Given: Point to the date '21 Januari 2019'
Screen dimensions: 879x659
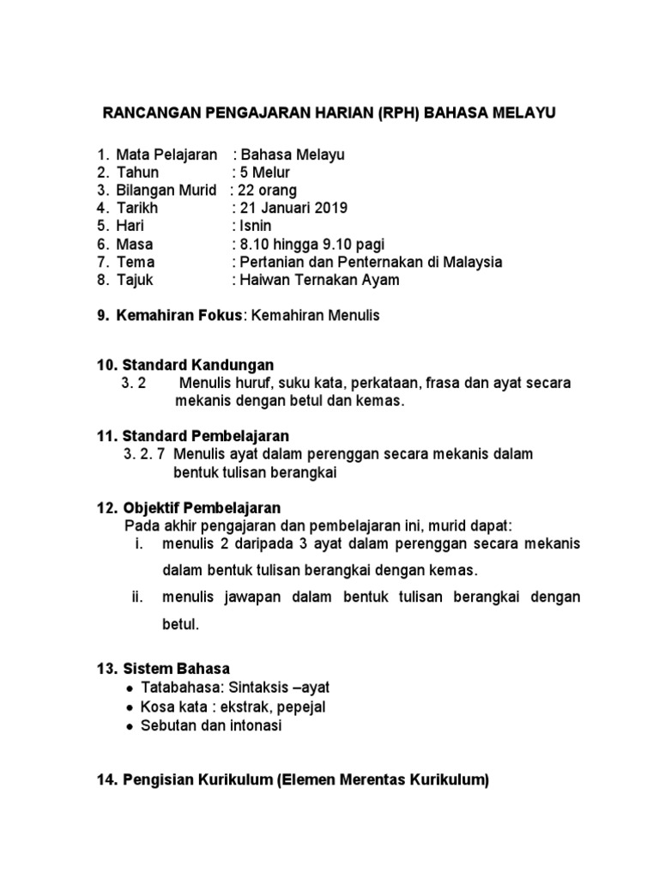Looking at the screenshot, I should pyautogui.click(x=291, y=208).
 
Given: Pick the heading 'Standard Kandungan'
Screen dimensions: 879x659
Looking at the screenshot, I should pyautogui.click(x=198, y=366).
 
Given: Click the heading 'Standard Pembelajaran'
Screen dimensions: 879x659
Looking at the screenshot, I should pyautogui.click(x=205, y=436).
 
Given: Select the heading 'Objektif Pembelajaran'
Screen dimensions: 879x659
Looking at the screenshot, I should pyautogui.click(x=202, y=507).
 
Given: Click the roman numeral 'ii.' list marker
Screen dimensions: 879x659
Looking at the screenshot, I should pyautogui.click(x=137, y=597).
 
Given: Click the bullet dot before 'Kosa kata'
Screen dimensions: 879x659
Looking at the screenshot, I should pyautogui.click(x=129, y=708).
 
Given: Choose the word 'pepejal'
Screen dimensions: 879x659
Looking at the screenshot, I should pyautogui.click(x=300, y=707).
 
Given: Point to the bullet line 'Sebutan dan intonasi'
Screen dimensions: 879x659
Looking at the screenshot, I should pyautogui.click(x=210, y=725).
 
